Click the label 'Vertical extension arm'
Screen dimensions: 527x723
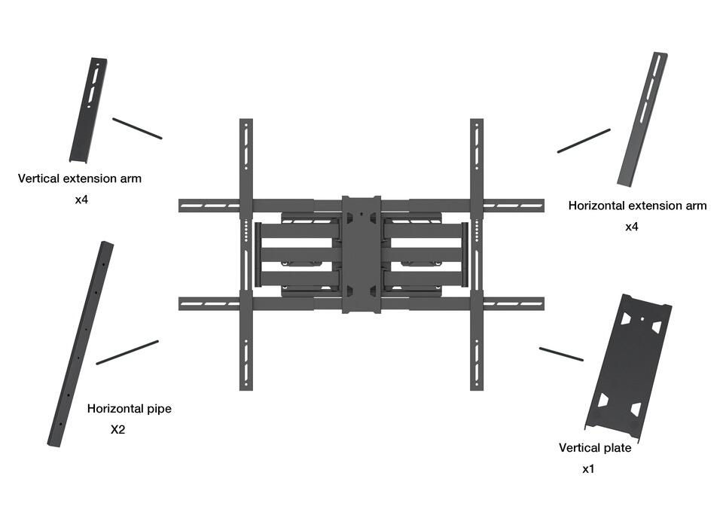tap(79, 179)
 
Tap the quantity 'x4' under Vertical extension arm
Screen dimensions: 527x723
tap(82, 201)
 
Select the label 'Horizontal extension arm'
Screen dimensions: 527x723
tap(637, 206)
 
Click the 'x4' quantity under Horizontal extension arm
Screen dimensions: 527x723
tap(632, 227)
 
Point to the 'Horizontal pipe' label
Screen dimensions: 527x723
tap(130, 409)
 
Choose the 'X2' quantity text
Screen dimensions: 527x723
tap(119, 430)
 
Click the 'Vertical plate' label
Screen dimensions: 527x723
tap(595, 448)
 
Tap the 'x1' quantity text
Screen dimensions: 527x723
tap(588, 469)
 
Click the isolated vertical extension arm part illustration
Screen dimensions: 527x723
tap(88, 109)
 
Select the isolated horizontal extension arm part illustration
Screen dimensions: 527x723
tap(642, 118)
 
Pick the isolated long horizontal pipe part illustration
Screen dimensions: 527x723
tap(81, 343)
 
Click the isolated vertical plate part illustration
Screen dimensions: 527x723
tap(628, 367)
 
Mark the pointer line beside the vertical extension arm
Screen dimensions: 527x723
tap(137, 128)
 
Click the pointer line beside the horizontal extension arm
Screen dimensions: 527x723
tap(584, 141)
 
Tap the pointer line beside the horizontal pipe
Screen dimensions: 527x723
tap(127, 352)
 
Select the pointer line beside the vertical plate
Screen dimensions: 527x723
tap(561, 354)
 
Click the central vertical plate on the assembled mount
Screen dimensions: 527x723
tap(361, 254)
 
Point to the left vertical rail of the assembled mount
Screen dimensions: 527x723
tap(246, 254)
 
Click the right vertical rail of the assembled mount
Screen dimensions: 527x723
tap(476, 254)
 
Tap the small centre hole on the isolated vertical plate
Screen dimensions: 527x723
tap(641, 318)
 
